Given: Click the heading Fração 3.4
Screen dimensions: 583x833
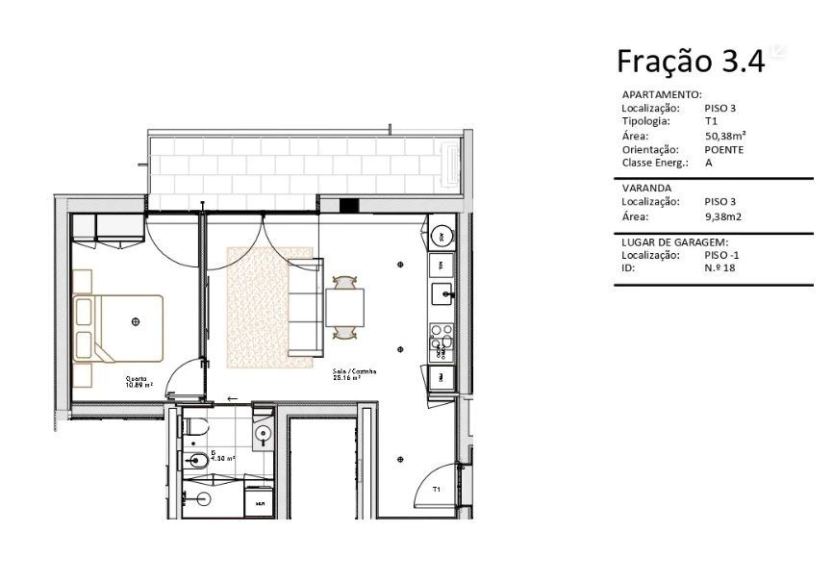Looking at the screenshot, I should tap(690, 62).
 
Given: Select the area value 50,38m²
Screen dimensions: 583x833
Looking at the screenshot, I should tap(725, 137).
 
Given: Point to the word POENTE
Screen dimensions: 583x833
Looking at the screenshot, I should tap(723, 150).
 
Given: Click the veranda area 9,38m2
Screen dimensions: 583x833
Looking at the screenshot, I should tap(722, 216).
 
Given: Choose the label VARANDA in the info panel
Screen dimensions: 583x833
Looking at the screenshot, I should tap(646, 189).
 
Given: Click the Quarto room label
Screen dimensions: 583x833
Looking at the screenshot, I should tap(138, 379).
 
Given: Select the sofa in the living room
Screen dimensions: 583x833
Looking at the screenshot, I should tap(305, 307).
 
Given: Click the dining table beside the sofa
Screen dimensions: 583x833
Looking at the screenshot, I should tap(343, 307).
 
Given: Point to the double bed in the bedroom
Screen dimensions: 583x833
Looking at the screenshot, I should tap(120, 320).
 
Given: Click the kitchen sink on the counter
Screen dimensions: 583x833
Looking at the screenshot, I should tap(442, 292).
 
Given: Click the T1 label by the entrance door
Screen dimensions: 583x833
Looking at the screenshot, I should tap(436, 490).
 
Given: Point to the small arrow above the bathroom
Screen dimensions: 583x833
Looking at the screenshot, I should tap(231, 397).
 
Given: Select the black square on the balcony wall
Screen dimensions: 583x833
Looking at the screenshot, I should tap(348, 205).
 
